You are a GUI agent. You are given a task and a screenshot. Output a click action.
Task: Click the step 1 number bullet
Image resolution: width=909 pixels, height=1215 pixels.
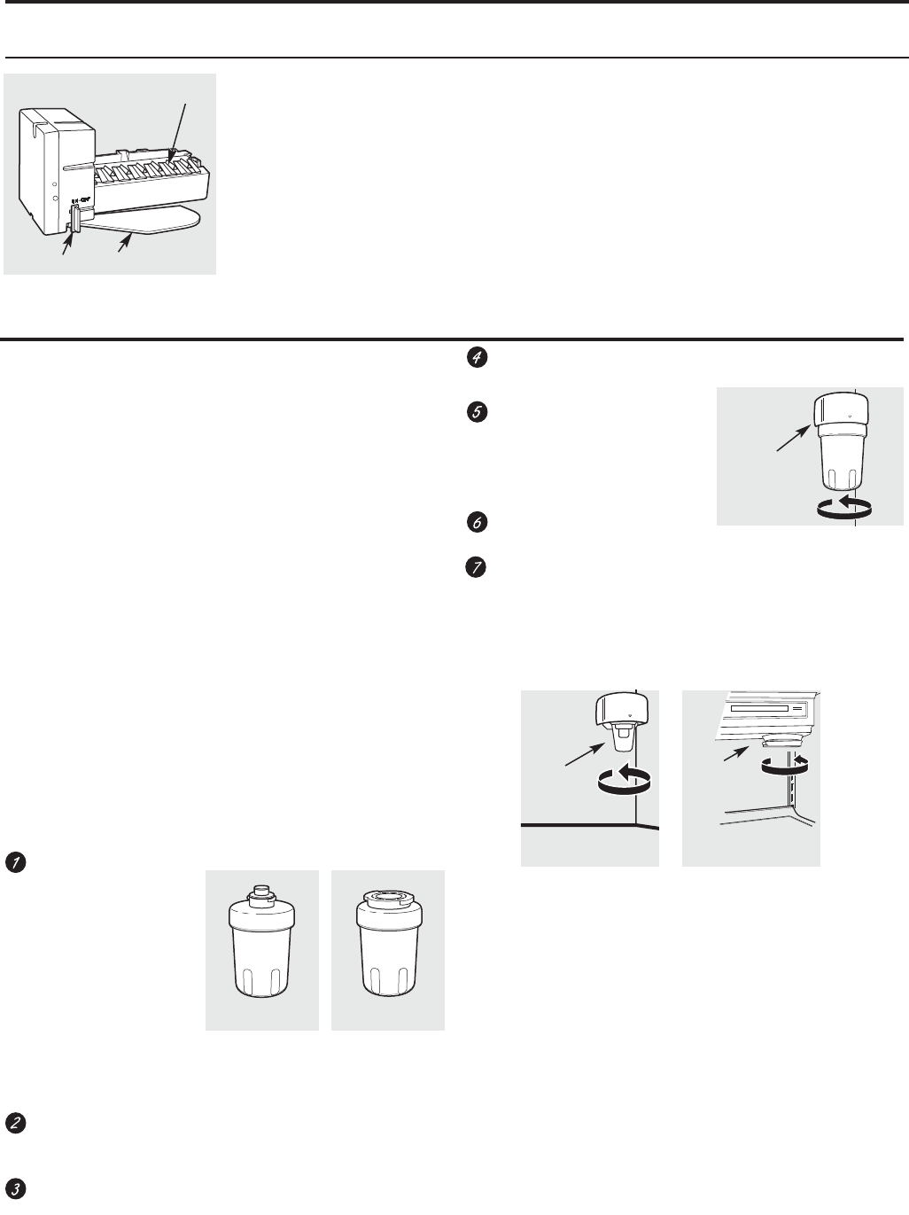13,861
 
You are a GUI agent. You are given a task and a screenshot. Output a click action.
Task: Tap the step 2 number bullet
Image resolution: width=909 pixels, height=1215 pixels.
13,1122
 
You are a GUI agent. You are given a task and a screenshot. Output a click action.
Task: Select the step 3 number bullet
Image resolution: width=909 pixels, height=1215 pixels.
13,1188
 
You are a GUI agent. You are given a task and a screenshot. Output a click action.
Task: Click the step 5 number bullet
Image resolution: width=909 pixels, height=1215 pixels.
477,414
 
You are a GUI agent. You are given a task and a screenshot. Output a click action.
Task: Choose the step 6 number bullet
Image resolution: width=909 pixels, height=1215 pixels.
477,523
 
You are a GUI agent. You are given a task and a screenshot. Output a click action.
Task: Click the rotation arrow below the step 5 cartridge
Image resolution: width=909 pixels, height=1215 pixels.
844,506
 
